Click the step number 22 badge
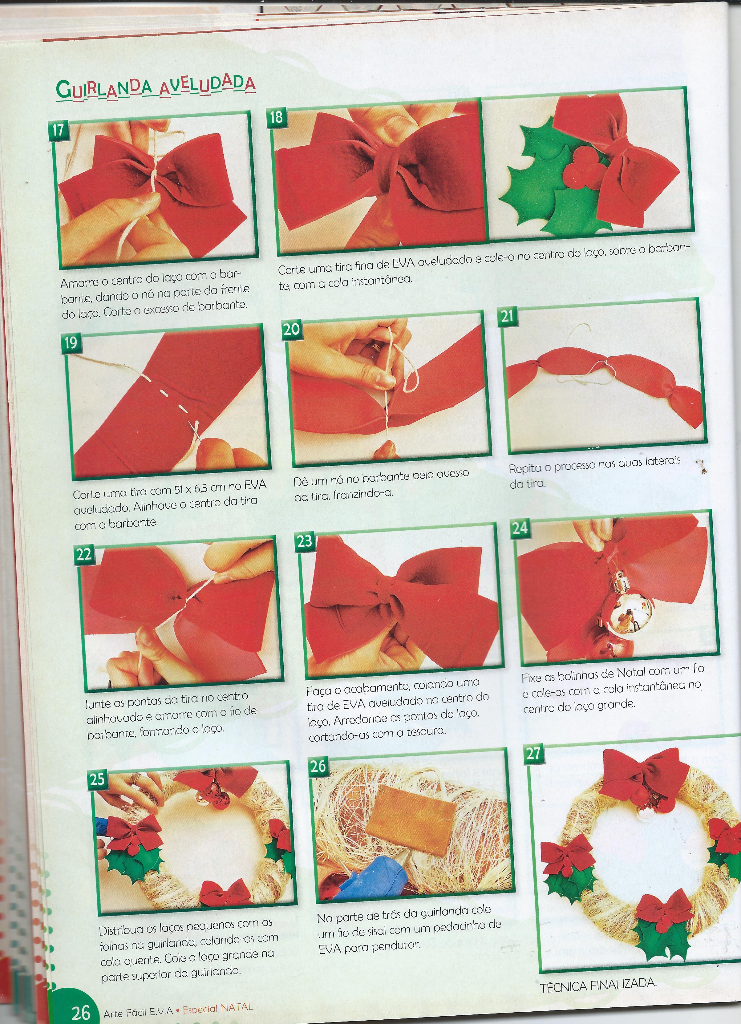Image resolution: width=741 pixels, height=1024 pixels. pos(84,554)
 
